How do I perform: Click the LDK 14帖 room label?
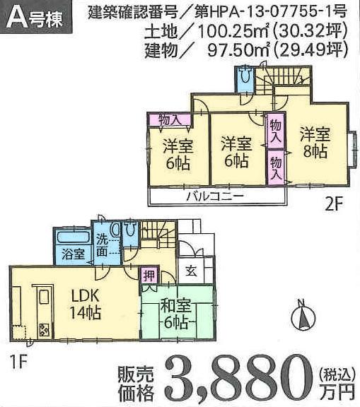(x=85, y=302)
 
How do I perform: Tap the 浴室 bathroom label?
(x=69, y=251)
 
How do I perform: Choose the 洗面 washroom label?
(x=103, y=244)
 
